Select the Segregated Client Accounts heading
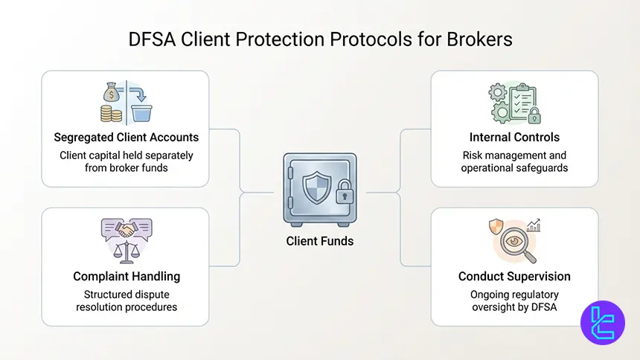click(126, 138)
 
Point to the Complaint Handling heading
click(127, 276)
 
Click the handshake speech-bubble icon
click(127, 231)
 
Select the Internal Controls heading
click(514, 138)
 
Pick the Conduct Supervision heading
click(514, 276)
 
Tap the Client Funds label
click(320, 240)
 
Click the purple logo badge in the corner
click(602, 323)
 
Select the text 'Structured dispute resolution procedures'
click(127, 300)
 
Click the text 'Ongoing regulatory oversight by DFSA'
click(514, 300)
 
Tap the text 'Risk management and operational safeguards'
click(514, 161)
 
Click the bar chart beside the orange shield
click(533, 225)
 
